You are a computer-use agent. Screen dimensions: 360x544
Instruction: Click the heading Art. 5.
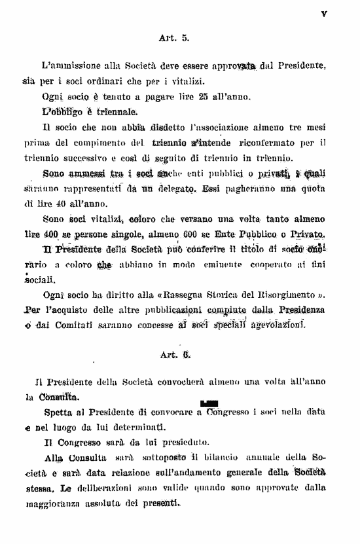click(173, 38)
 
